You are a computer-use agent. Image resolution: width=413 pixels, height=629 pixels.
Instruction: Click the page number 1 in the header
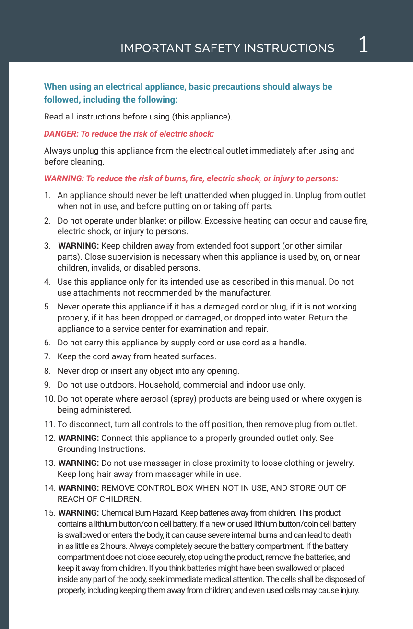click(x=363, y=45)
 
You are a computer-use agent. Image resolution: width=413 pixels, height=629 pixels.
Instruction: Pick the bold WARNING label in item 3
click(x=78, y=246)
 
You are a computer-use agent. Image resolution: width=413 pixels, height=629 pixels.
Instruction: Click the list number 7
click(x=47, y=357)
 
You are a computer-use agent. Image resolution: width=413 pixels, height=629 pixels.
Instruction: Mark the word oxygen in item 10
click(x=338, y=399)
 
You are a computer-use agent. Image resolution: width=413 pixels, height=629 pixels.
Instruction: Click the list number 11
click(x=49, y=424)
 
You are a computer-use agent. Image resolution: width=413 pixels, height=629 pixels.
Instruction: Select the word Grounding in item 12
click(x=77, y=450)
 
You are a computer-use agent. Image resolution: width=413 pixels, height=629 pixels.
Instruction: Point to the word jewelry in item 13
click(x=338, y=463)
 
